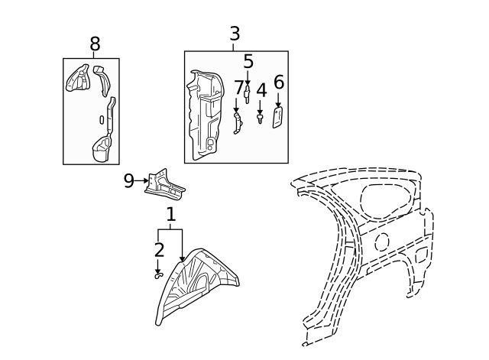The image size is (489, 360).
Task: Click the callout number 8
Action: pyautogui.click(x=95, y=44)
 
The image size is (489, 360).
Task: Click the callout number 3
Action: pyautogui.click(x=235, y=34)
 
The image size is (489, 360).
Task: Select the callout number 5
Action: pyautogui.click(x=248, y=61)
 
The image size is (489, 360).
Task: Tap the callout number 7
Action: pyautogui.click(x=239, y=87)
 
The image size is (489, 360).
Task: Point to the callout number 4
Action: pyautogui.click(x=261, y=90)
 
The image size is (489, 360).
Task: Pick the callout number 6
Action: pyautogui.click(x=279, y=82)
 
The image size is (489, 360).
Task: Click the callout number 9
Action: pyautogui.click(x=129, y=180)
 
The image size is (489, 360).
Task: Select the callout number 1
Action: pyautogui.click(x=170, y=214)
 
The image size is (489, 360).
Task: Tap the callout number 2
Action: pyautogui.click(x=159, y=250)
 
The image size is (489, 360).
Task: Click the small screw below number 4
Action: pyautogui.click(x=260, y=119)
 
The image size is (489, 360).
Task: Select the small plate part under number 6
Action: pyautogui.click(x=277, y=117)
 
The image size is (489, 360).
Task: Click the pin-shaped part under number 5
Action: pyautogui.click(x=248, y=94)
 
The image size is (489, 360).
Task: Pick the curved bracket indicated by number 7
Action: pyautogui.click(x=238, y=124)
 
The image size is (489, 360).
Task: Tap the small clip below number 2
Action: pyautogui.click(x=159, y=275)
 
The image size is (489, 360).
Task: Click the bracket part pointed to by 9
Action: pyautogui.click(x=165, y=184)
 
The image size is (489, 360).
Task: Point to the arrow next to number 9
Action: pyautogui.click(x=141, y=180)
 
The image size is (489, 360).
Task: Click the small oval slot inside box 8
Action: pyautogui.click(x=102, y=120)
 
